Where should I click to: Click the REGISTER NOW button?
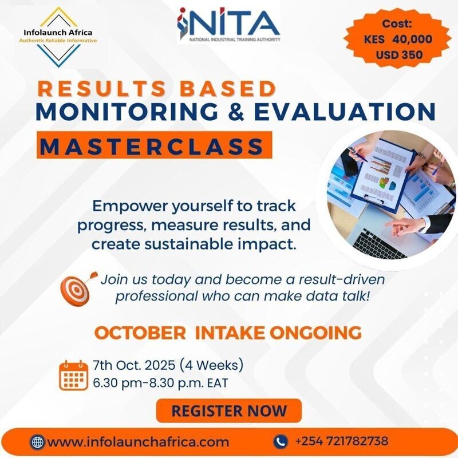(x=229, y=410)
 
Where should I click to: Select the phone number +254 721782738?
(x=342, y=441)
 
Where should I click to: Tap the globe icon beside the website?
(x=38, y=442)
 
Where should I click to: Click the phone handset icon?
(x=281, y=441)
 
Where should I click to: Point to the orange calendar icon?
(x=73, y=375)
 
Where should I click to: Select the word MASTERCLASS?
(x=153, y=145)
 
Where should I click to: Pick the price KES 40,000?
(x=397, y=40)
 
